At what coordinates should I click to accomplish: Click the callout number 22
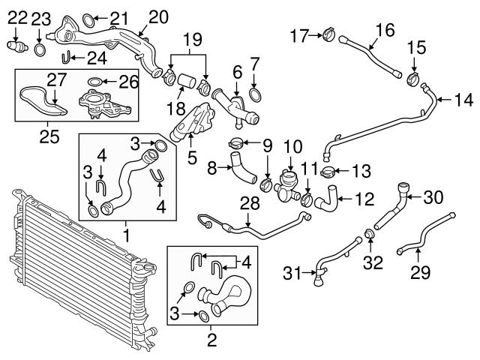16,15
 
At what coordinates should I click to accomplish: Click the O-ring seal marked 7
255,94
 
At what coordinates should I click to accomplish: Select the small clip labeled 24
67,55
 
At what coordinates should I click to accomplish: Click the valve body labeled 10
287,180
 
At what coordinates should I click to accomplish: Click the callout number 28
249,202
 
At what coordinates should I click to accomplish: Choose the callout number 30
433,198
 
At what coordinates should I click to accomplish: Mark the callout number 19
193,37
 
